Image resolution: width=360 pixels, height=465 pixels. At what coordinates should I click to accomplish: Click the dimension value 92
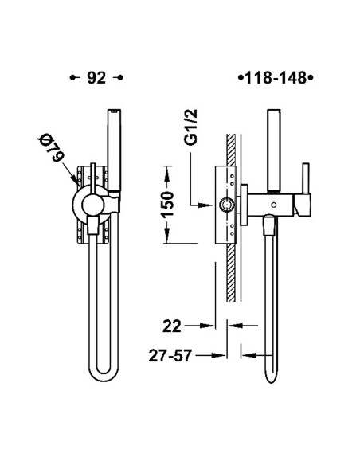point(96,78)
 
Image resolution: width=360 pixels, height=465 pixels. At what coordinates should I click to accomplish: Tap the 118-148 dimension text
point(276,78)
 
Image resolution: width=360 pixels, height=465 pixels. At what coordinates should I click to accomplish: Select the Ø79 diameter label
point(51,148)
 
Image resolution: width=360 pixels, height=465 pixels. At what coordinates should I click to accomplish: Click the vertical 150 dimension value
point(167,205)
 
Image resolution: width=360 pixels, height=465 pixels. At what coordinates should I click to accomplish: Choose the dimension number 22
point(171,326)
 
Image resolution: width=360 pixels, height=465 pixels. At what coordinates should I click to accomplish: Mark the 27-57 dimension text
point(170,356)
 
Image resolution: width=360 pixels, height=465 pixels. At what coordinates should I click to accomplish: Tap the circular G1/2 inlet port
point(226,205)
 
